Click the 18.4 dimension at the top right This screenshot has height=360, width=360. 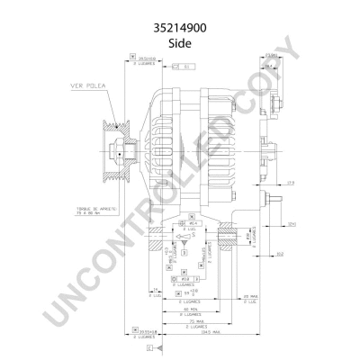(269, 66)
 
